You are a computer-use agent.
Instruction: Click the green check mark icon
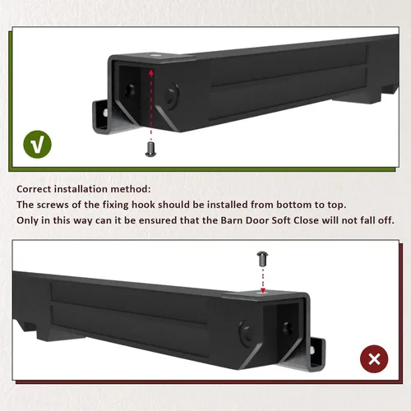coord(37,145)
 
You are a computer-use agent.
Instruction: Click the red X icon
coord(374,359)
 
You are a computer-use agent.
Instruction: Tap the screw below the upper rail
coord(150,150)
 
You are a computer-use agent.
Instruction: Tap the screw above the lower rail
coord(262,259)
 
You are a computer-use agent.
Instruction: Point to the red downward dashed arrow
coord(263,280)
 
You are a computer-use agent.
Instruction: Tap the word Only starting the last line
coord(27,220)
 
